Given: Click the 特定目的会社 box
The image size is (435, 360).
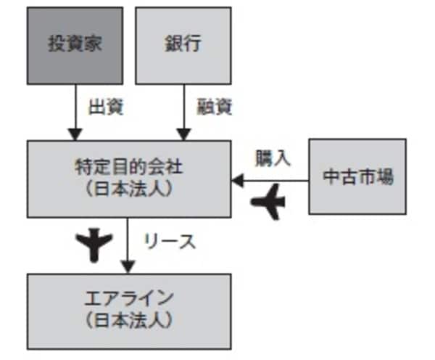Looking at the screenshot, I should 129,178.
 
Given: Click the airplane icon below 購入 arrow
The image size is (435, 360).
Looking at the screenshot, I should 268,201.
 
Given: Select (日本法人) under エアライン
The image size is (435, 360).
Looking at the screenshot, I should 129,318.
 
